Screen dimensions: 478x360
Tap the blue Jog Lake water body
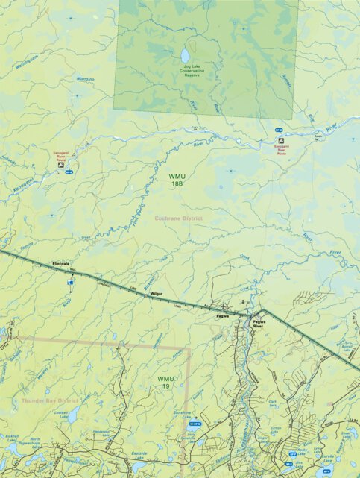coord(185,55)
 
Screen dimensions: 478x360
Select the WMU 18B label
coord(177,179)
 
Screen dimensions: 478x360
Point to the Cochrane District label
coord(178,218)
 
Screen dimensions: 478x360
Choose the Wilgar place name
coord(156,294)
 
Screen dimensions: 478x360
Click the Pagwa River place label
coord(259,323)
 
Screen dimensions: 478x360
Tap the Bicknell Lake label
coord(11,436)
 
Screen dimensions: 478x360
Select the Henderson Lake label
coord(101,432)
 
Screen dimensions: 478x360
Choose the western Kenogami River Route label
coord(60,155)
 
